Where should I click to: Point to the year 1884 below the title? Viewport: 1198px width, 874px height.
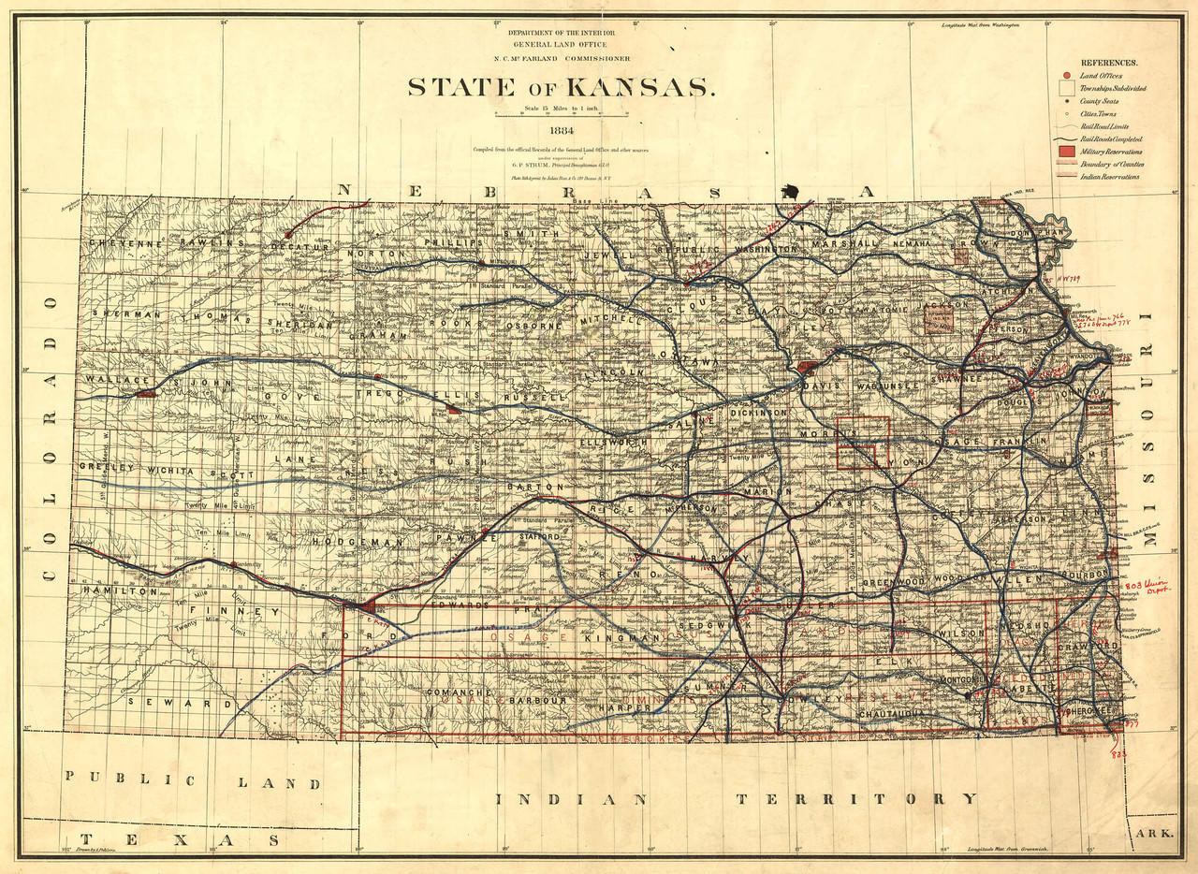[x=562, y=130]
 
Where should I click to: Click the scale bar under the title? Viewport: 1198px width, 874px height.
[x=562, y=116]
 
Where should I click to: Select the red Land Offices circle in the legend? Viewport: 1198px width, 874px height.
[x=1065, y=75]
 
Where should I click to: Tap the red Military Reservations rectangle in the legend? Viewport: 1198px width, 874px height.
[x=1065, y=151]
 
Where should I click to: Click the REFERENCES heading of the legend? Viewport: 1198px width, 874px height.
[x=1109, y=61]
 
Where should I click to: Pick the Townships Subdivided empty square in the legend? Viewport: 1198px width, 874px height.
[x=1065, y=88]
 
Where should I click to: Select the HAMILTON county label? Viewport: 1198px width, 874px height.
[x=120, y=591]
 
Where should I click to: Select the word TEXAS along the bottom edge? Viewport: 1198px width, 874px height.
[x=180, y=840]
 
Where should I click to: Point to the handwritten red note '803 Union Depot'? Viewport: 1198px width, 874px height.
[x=1146, y=589]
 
